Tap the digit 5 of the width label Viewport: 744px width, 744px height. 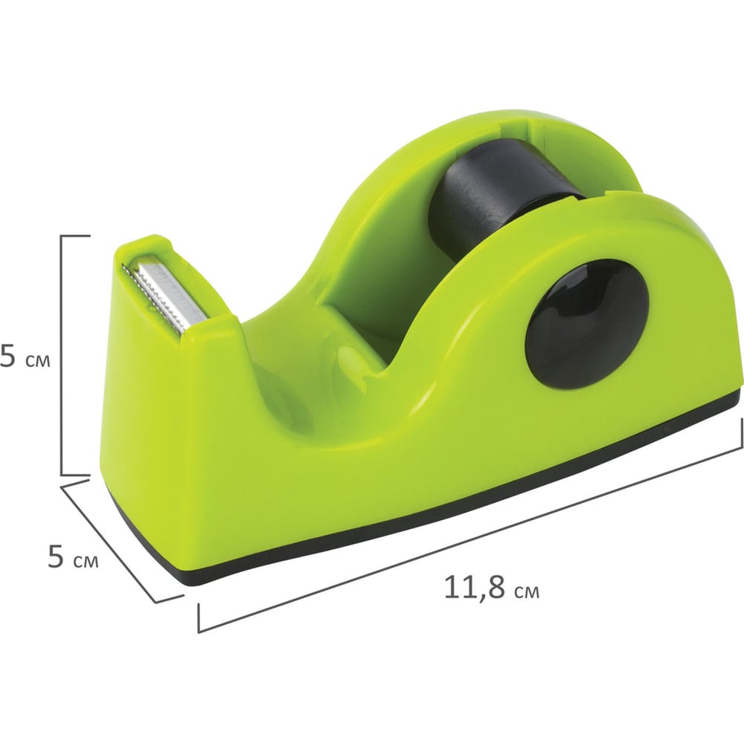tap(56, 556)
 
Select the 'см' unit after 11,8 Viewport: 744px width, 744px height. tap(527, 592)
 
